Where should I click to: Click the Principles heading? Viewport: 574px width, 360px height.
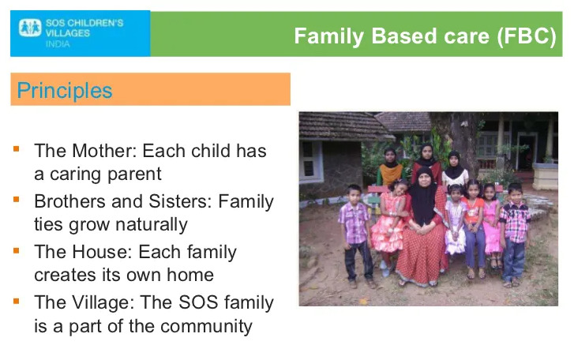(65, 90)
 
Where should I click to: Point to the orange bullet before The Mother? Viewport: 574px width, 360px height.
(17, 149)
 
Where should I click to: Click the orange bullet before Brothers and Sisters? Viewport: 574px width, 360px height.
(17, 200)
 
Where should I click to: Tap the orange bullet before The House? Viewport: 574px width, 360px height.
(17, 250)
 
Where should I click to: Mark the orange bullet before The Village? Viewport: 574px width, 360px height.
(17, 301)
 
